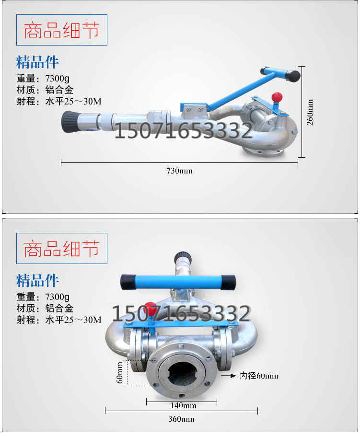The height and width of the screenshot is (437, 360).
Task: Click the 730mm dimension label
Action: [x=179, y=171]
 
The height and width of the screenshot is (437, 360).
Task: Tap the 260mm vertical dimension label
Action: [x=310, y=112]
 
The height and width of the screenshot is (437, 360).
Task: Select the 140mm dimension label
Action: [x=183, y=405]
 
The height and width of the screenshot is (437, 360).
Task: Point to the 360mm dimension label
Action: [x=181, y=419]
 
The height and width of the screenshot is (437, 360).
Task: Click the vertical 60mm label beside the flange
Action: [x=119, y=373]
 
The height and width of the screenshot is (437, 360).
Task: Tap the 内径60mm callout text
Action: [x=259, y=376]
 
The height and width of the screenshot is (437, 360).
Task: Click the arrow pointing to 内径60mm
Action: [x=229, y=376]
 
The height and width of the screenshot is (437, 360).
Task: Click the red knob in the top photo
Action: [x=277, y=97]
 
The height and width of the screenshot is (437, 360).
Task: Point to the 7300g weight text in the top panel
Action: [x=58, y=78]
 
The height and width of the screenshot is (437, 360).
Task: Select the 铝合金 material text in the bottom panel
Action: [x=59, y=308]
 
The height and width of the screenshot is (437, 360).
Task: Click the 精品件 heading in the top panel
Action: [x=37, y=62]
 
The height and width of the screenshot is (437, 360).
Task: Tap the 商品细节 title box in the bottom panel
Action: [x=62, y=248]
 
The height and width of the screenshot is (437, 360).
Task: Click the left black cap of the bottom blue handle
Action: [x=128, y=282]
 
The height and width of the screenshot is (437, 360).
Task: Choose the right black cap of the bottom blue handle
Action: [x=228, y=282]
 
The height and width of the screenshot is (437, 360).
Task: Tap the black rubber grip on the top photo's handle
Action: [x=293, y=76]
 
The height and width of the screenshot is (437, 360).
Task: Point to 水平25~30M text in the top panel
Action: [x=73, y=101]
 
